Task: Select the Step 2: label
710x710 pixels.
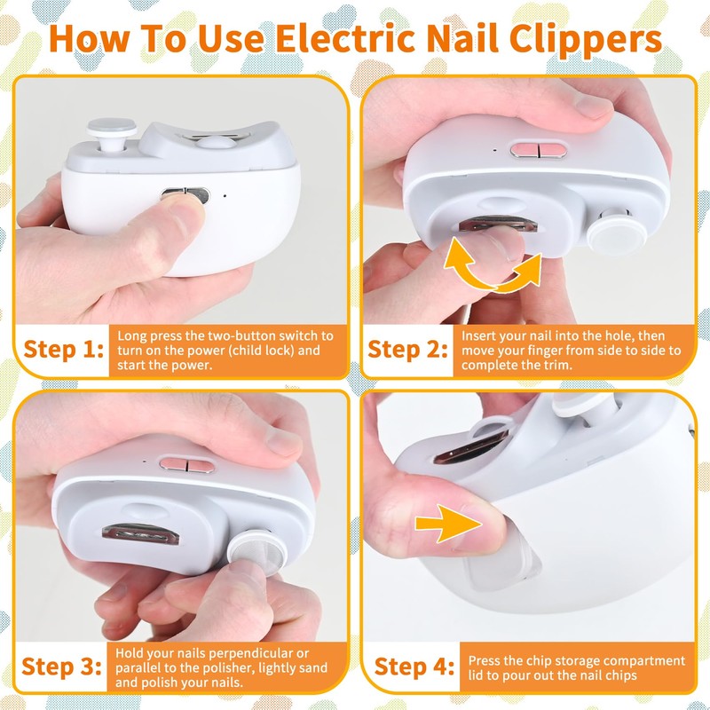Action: (x=407, y=349)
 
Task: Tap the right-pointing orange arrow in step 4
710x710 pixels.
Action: (x=444, y=524)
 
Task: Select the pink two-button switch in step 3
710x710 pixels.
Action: (x=181, y=462)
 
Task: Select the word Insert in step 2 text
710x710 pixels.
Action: (x=479, y=336)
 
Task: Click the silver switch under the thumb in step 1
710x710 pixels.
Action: (x=184, y=193)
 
